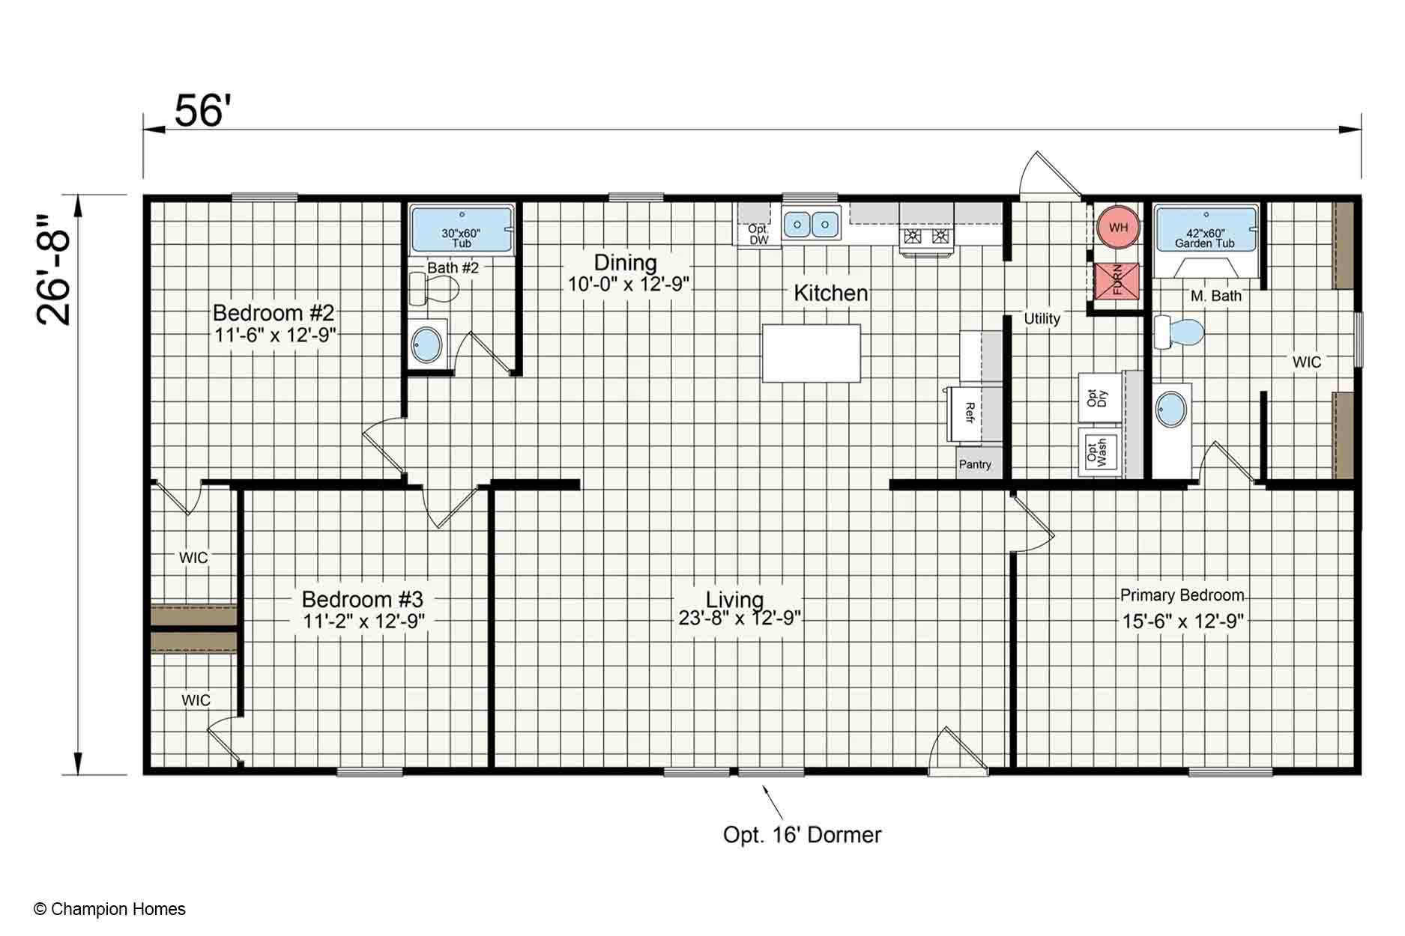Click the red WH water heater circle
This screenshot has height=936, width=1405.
click(1118, 227)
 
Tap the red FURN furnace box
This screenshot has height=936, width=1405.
click(1117, 281)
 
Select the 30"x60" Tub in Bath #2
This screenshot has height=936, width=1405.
click(462, 230)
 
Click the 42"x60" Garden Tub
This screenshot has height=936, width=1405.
click(1205, 229)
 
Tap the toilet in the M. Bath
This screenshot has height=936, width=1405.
click(1178, 332)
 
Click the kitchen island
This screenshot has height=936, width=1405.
click(811, 353)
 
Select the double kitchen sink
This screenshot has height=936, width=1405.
click(811, 223)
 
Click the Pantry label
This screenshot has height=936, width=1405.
click(975, 464)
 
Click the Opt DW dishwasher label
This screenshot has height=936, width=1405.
click(758, 234)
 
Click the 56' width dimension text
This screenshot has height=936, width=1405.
click(199, 111)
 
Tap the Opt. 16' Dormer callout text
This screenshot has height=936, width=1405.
click(802, 835)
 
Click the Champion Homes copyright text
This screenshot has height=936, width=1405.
click(109, 909)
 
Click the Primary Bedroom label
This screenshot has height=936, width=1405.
click(1182, 595)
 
